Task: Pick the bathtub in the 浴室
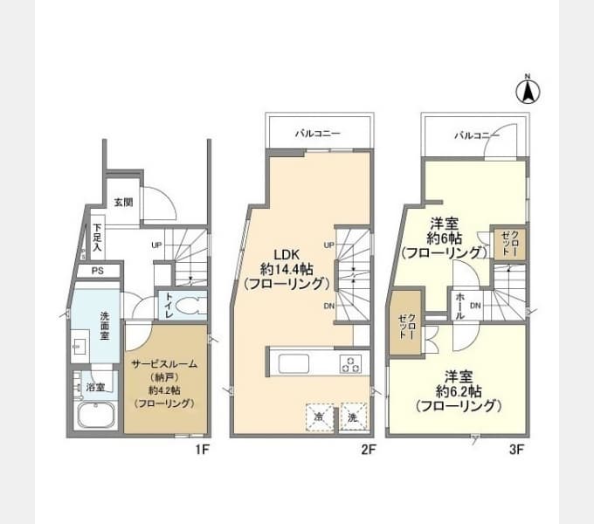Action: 96,415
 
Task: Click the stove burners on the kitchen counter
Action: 350,363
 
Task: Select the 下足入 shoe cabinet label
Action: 97,238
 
